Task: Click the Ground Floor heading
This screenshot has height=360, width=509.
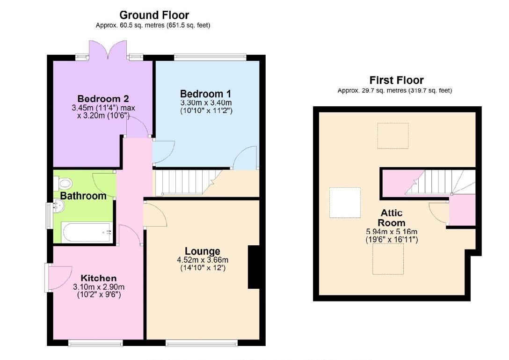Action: [x=154, y=15]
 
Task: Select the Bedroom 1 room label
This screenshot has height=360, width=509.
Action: [x=205, y=93]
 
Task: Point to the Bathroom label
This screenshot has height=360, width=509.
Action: [x=83, y=196]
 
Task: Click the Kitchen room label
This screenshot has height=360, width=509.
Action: [x=98, y=278]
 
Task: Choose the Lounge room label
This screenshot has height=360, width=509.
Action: [x=202, y=251]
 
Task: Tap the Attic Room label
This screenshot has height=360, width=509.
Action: [x=391, y=218]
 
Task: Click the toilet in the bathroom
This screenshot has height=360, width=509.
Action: [x=64, y=183]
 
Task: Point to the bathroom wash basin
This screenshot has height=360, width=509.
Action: [x=58, y=206]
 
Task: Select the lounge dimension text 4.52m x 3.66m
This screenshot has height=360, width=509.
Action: [x=203, y=260]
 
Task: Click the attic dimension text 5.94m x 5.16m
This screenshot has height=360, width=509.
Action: [x=391, y=232]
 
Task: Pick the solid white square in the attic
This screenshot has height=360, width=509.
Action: [x=345, y=202]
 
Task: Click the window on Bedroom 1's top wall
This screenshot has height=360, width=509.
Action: [x=210, y=57]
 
